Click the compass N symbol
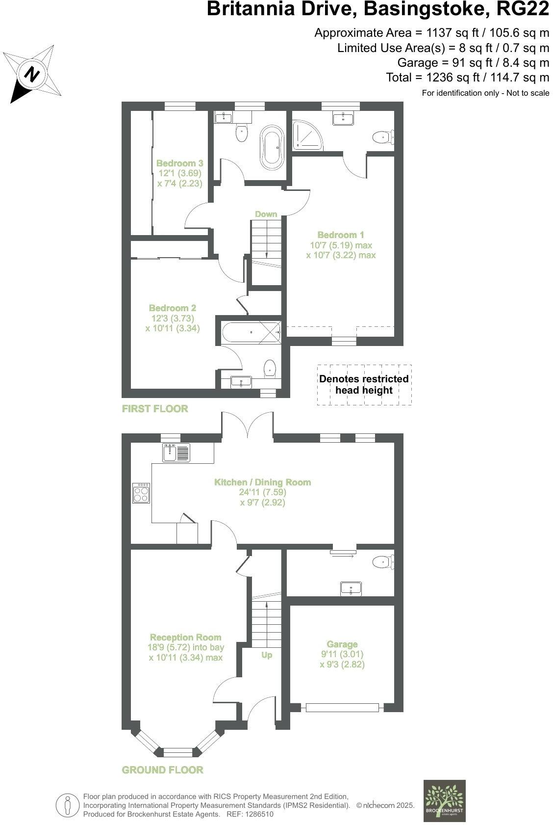[32, 74]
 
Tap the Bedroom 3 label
[179, 163]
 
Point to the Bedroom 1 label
[341, 235]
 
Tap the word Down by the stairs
[266, 214]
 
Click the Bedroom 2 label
[173, 308]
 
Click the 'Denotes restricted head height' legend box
[364, 385]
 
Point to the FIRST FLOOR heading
[155, 408]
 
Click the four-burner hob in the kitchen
[141, 493]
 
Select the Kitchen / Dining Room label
[262, 482]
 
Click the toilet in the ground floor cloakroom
[383, 561]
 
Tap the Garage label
[342, 644]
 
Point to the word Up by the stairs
[266, 655]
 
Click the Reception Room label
[185, 637]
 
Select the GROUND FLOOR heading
[162, 770]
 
